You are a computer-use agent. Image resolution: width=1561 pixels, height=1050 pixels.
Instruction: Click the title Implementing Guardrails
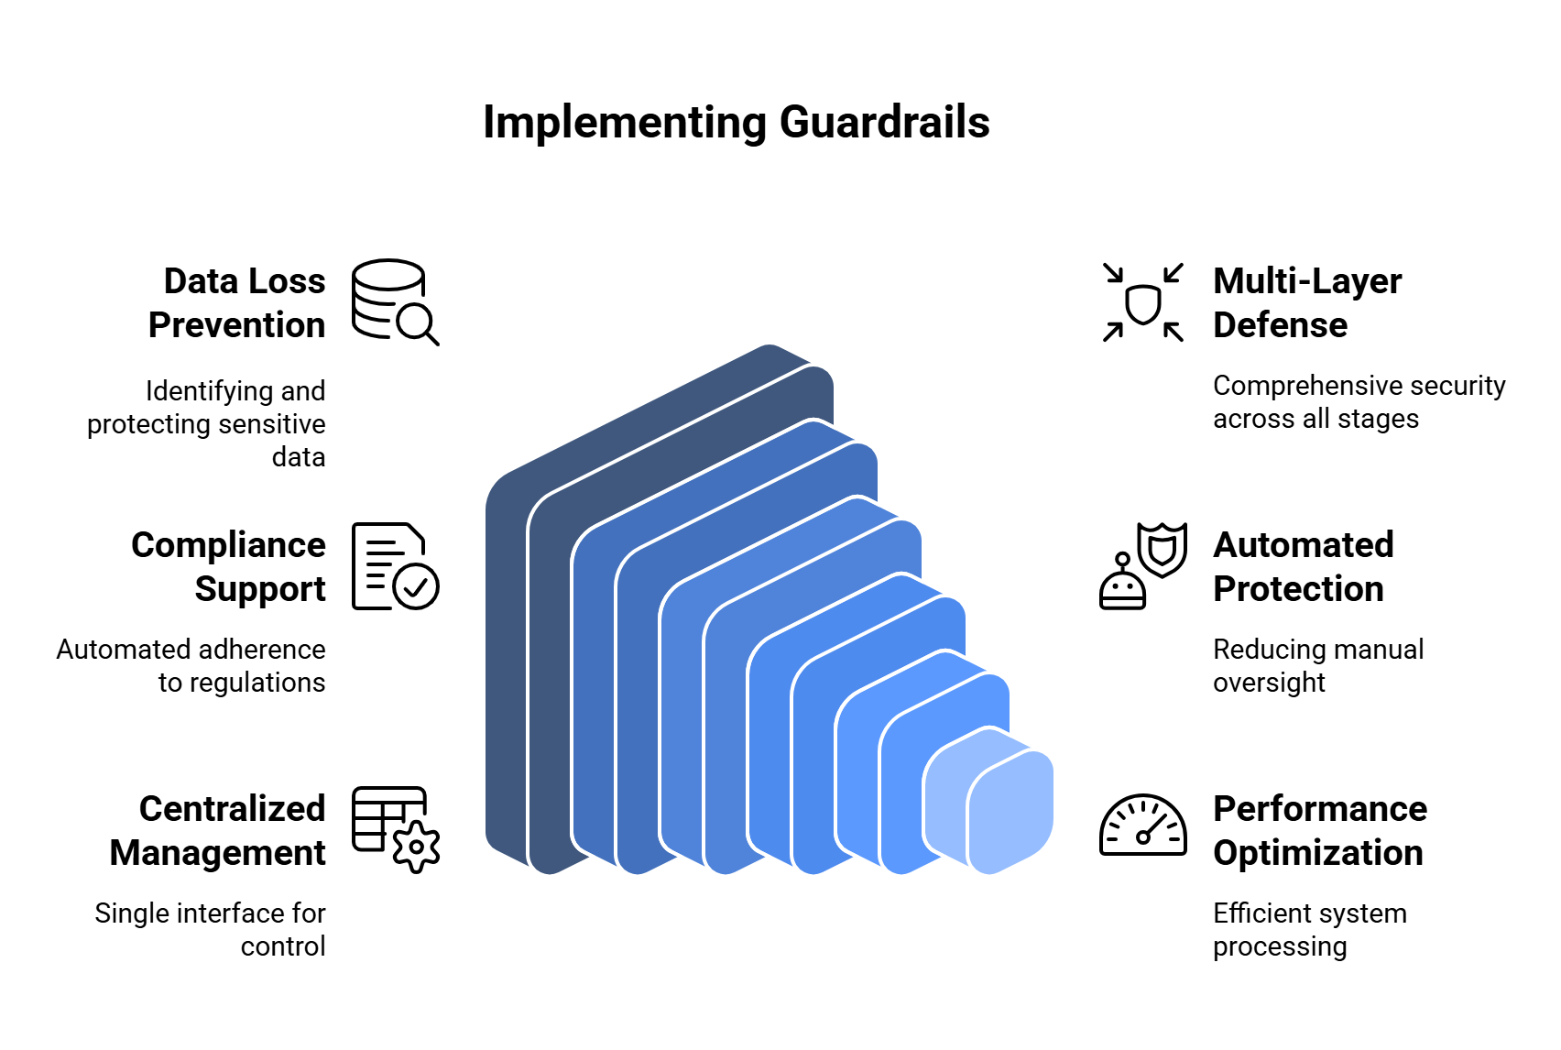tap(736, 122)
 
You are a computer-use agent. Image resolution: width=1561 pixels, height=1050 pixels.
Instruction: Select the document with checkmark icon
tap(395, 566)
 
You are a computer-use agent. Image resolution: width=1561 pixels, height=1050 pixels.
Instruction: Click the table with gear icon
tap(395, 828)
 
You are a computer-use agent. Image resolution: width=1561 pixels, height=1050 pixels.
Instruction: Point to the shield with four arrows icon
tap(1142, 302)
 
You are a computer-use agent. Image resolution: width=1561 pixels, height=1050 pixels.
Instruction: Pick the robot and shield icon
tap(1142, 566)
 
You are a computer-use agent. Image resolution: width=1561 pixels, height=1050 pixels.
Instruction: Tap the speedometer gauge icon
tap(1142, 826)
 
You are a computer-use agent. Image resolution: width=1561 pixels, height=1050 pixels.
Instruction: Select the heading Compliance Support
tap(229, 566)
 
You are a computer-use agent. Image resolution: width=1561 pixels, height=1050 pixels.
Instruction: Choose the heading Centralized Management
tap(218, 830)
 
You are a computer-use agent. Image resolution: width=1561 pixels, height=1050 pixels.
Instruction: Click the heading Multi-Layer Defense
tap(1306, 302)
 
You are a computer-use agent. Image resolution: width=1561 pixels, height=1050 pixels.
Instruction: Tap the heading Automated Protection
tap(1302, 566)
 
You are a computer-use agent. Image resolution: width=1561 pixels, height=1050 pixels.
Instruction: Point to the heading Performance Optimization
tap(1319, 830)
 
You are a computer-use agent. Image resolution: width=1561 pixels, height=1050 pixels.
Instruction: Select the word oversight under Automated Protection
tap(1269, 683)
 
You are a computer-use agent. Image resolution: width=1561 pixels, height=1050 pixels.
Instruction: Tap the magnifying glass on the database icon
tap(418, 323)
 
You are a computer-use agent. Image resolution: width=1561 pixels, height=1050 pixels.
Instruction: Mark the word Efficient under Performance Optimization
tap(1262, 913)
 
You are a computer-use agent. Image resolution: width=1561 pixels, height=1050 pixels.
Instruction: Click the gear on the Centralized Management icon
tap(417, 847)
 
